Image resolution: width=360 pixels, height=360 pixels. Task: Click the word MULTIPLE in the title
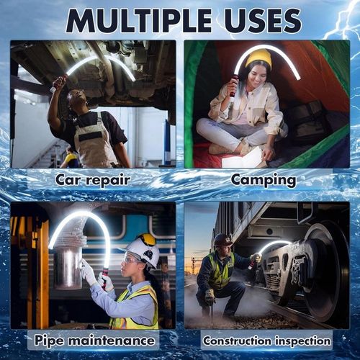(139, 21)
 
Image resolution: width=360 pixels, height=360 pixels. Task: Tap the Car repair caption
(93, 180)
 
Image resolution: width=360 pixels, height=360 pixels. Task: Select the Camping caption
(264, 181)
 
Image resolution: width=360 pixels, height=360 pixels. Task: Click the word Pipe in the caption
(49, 341)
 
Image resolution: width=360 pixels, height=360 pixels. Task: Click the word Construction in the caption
(237, 341)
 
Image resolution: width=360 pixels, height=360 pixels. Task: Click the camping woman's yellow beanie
(258, 59)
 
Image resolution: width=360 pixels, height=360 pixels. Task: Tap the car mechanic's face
(75, 99)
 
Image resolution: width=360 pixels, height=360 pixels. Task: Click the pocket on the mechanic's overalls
(89, 137)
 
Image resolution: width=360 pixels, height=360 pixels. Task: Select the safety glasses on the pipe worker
(132, 260)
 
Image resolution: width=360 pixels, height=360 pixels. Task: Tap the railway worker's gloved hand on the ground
(210, 297)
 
